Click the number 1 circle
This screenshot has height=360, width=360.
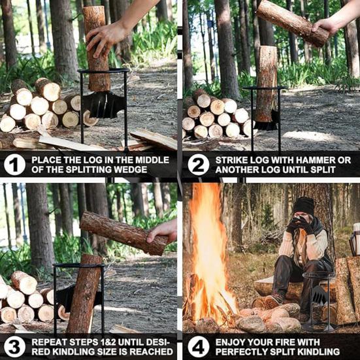pyautogui.click(x=15, y=165)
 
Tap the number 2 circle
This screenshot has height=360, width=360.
pyautogui.click(x=199, y=165)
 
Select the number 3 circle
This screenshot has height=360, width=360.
pyautogui.click(x=15, y=346)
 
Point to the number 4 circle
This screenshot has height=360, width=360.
pyautogui.click(x=199, y=346)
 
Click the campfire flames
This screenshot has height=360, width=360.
pyautogui.click(x=209, y=255)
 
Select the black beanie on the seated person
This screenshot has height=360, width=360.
pyautogui.click(x=303, y=206)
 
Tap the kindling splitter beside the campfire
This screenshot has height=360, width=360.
pyautogui.click(x=317, y=301)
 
